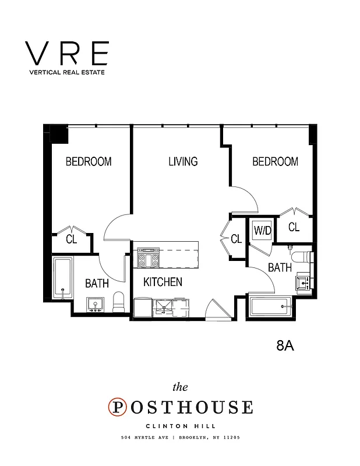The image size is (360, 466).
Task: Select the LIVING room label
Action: pyautogui.click(x=183, y=161)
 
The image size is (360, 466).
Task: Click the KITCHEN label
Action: pyautogui.click(x=163, y=282)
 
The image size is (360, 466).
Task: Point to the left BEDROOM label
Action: pyautogui.click(x=88, y=161)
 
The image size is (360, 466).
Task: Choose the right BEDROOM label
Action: pyautogui.click(x=275, y=161)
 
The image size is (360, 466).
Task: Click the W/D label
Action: pyautogui.click(x=262, y=230)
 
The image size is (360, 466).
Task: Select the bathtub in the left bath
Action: pyautogui.click(x=62, y=278)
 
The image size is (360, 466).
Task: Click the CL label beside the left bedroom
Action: pyautogui.click(x=72, y=239)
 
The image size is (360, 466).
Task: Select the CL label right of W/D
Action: pyautogui.click(x=294, y=227)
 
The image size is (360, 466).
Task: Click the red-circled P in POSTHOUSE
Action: pyautogui.click(x=118, y=407)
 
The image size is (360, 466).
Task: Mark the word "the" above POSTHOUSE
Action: pyautogui.click(x=181, y=387)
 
